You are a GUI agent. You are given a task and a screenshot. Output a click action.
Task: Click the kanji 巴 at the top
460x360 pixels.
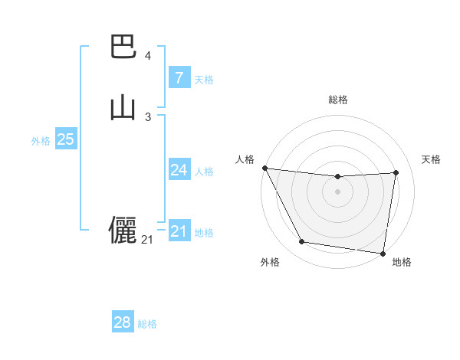click(x=123, y=47)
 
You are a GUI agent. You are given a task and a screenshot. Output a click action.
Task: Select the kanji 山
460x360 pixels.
click(x=123, y=107)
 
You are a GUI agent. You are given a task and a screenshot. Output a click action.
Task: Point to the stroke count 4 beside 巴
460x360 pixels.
click(x=147, y=56)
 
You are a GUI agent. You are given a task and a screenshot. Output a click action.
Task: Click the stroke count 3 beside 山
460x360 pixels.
click(x=147, y=116)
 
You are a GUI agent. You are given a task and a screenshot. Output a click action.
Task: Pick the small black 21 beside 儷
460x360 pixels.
click(x=147, y=240)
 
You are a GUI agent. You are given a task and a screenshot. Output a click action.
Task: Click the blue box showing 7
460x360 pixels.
click(x=179, y=77)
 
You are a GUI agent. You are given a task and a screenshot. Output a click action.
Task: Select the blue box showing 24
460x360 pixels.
click(x=179, y=170)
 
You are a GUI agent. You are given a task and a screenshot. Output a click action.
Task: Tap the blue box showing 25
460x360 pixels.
click(x=65, y=139)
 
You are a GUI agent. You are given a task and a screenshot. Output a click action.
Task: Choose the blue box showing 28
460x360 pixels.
click(x=123, y=322)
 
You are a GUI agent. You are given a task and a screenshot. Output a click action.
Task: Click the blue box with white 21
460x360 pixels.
click(x=179, y=231)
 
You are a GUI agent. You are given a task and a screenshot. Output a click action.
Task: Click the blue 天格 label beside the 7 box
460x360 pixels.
click(x=204, y=80)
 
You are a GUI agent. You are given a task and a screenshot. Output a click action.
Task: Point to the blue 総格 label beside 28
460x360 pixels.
click(x=147, y=325)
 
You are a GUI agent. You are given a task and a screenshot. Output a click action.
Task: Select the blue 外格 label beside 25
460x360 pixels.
click(x=41, y=141)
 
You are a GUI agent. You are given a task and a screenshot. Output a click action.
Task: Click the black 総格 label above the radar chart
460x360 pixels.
click(x=338, y=100)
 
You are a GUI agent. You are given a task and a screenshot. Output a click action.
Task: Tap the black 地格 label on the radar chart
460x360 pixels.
click(x=402, y=262)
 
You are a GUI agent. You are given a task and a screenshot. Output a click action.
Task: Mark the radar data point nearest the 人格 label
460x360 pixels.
click(x=264, y=168)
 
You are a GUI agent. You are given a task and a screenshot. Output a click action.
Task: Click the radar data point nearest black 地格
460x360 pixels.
click(x=383, y=253)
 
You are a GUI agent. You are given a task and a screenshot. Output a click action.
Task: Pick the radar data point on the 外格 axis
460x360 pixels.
click(x=301, y=243)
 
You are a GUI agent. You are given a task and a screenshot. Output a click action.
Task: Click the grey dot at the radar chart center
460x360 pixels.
click(x=337, y=191)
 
